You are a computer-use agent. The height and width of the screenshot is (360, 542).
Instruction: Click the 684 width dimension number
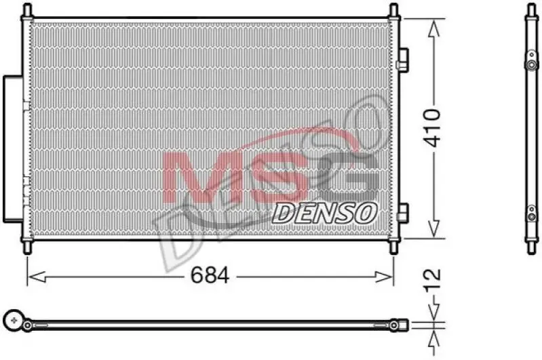tap(210, 275)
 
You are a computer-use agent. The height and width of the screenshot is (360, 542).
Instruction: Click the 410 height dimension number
tap(432, 128)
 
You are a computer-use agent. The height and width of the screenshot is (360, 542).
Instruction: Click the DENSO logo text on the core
tap(324, 213)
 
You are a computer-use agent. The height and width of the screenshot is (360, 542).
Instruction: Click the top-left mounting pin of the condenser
tap(27, 10)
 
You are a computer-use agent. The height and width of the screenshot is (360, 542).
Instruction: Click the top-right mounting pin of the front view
tap(393, 10)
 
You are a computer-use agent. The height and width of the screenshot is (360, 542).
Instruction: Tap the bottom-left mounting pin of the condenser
tap(27, 247)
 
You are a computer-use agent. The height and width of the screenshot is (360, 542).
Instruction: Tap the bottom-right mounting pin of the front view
tap(393, 247)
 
